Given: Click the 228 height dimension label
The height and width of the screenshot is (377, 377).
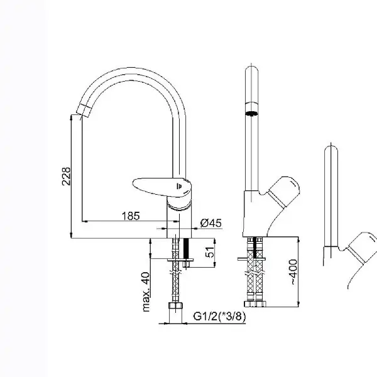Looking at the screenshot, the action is (x=67, y=176).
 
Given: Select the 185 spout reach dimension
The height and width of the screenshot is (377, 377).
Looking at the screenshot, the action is (x=131, y=216).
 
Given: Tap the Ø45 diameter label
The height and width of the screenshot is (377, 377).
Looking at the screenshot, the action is (x=211, y=223).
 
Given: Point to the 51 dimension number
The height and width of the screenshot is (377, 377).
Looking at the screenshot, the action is (x=210, y=252).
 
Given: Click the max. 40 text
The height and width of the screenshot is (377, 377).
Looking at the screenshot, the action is (x=146, y=292).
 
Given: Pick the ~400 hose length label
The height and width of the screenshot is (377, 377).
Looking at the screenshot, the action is (x=294, y=272).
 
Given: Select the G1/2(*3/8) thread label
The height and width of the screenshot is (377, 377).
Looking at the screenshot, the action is (x=220, y=316).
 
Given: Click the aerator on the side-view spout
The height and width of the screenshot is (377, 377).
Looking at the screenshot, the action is (x=251, y=113).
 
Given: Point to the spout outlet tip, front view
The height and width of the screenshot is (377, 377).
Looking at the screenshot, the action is (x=80, y=113).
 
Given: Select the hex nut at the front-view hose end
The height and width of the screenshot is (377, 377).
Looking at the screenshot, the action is (x=175, y=307).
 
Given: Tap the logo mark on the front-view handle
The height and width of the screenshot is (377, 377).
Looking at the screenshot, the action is (x=179, y=187).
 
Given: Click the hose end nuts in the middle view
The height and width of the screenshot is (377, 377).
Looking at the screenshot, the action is (x=255, y=304).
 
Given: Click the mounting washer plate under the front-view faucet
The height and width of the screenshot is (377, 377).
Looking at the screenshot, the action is (x=180, y=260).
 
